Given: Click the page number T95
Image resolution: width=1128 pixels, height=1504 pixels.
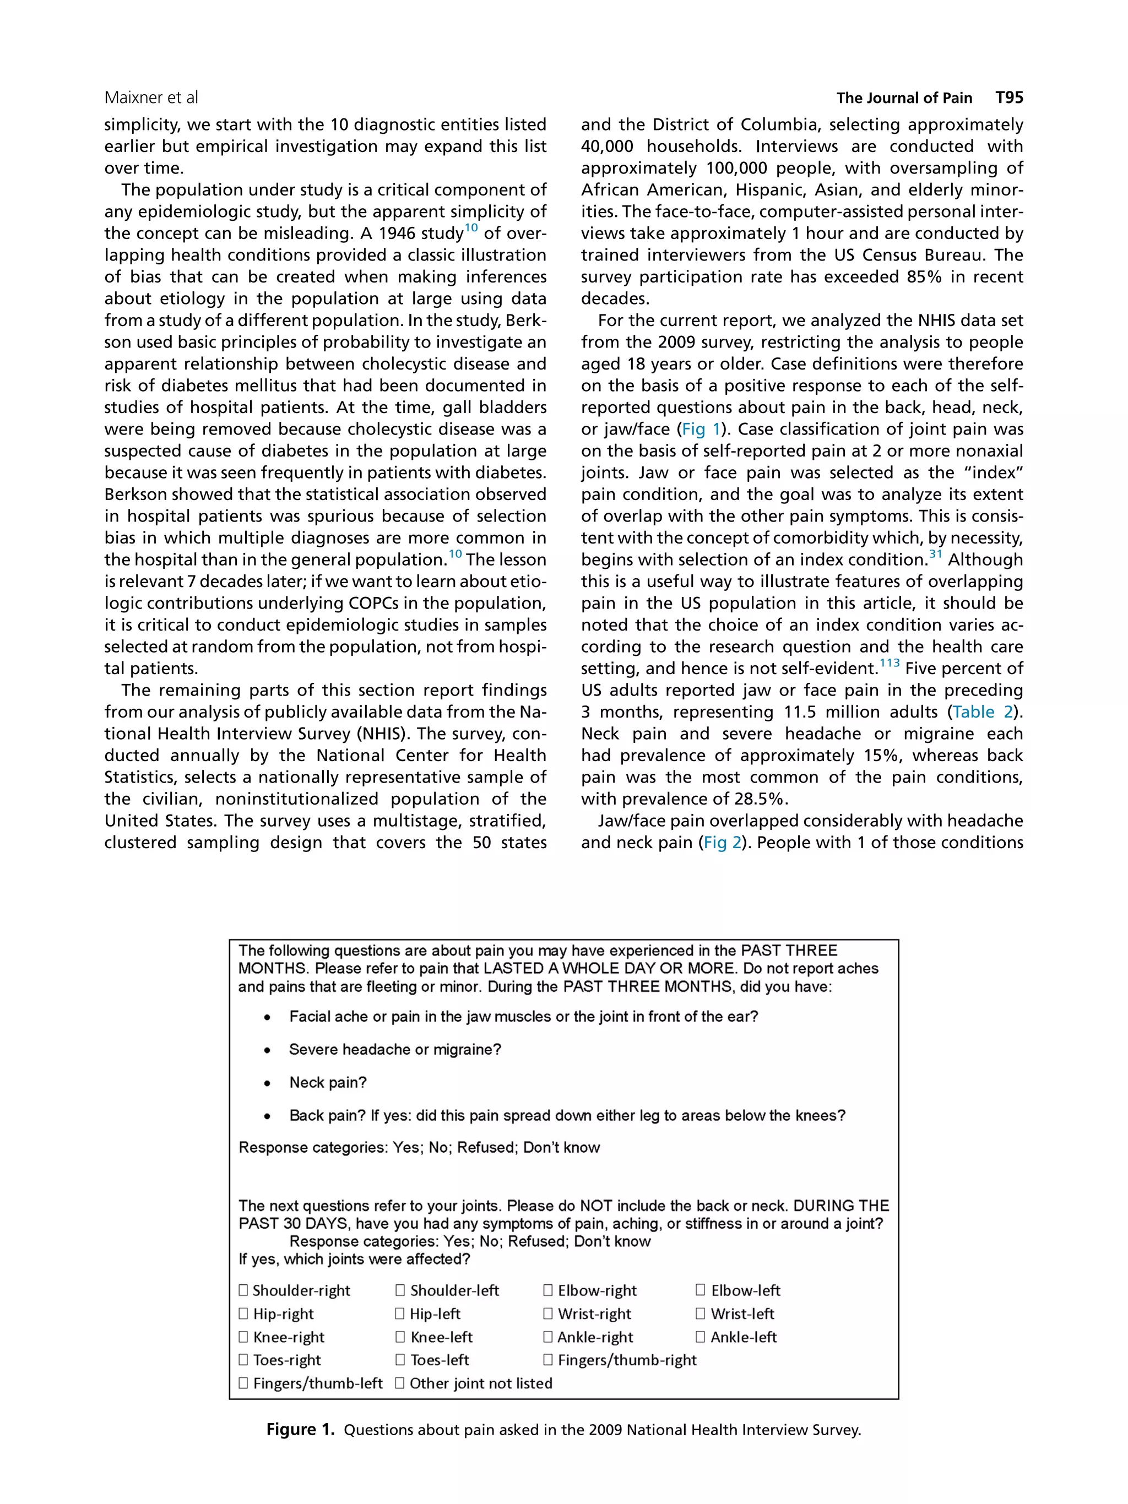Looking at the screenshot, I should click(x=1008, y=97).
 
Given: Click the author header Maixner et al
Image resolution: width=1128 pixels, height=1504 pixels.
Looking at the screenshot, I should click(x=151, y=98).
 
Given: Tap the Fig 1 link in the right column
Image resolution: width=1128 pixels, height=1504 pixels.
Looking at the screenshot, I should click(x=701, y=429).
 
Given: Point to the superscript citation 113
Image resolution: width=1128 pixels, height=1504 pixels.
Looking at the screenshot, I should click(x=890, y=663).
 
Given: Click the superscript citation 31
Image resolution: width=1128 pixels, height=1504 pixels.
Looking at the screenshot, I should click(x=936, y=553).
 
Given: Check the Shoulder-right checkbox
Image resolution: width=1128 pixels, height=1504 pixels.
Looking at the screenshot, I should click(x=243, y=1290).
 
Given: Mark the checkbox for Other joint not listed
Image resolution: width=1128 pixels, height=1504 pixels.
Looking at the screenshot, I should click(x=400, y=1383).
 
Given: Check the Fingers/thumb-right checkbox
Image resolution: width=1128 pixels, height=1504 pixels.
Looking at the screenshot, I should click(x=548, y=1360).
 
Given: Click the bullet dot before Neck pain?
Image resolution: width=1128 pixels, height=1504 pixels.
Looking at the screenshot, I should click(x=268, y=1083).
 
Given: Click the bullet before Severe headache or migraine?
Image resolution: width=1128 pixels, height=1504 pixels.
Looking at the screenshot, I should click(x=268, y=1051).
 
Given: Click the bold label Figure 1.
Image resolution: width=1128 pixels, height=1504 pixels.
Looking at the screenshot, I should click(x=300, y=1429).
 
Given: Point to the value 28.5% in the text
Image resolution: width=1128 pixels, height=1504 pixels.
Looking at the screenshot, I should click(x=761, y=799).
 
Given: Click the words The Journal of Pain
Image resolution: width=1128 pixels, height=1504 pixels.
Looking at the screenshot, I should click(x=904, y=98).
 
